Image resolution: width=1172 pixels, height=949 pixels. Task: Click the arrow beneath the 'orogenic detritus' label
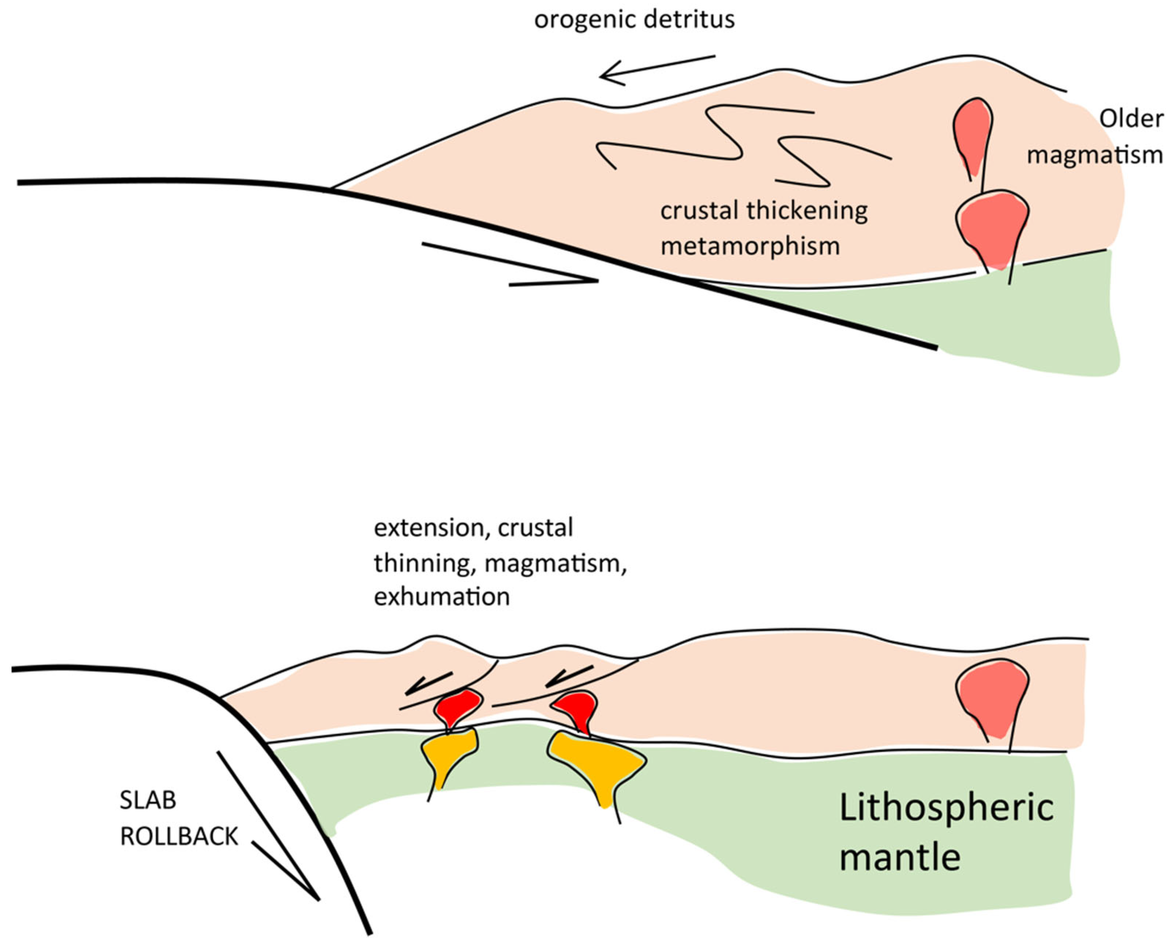[656, 70]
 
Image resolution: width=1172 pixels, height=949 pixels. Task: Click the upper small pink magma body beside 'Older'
[973, 131]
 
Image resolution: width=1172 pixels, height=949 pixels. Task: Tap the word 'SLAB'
[148, 800]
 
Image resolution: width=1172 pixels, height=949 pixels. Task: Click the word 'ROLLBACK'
[179, 836]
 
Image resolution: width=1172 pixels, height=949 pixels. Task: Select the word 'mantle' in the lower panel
[899, 857]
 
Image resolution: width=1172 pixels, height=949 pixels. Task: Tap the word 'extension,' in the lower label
[429, 528]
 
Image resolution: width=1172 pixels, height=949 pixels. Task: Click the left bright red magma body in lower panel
[458, 707]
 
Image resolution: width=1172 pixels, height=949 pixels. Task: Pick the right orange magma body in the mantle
[596, 763]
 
